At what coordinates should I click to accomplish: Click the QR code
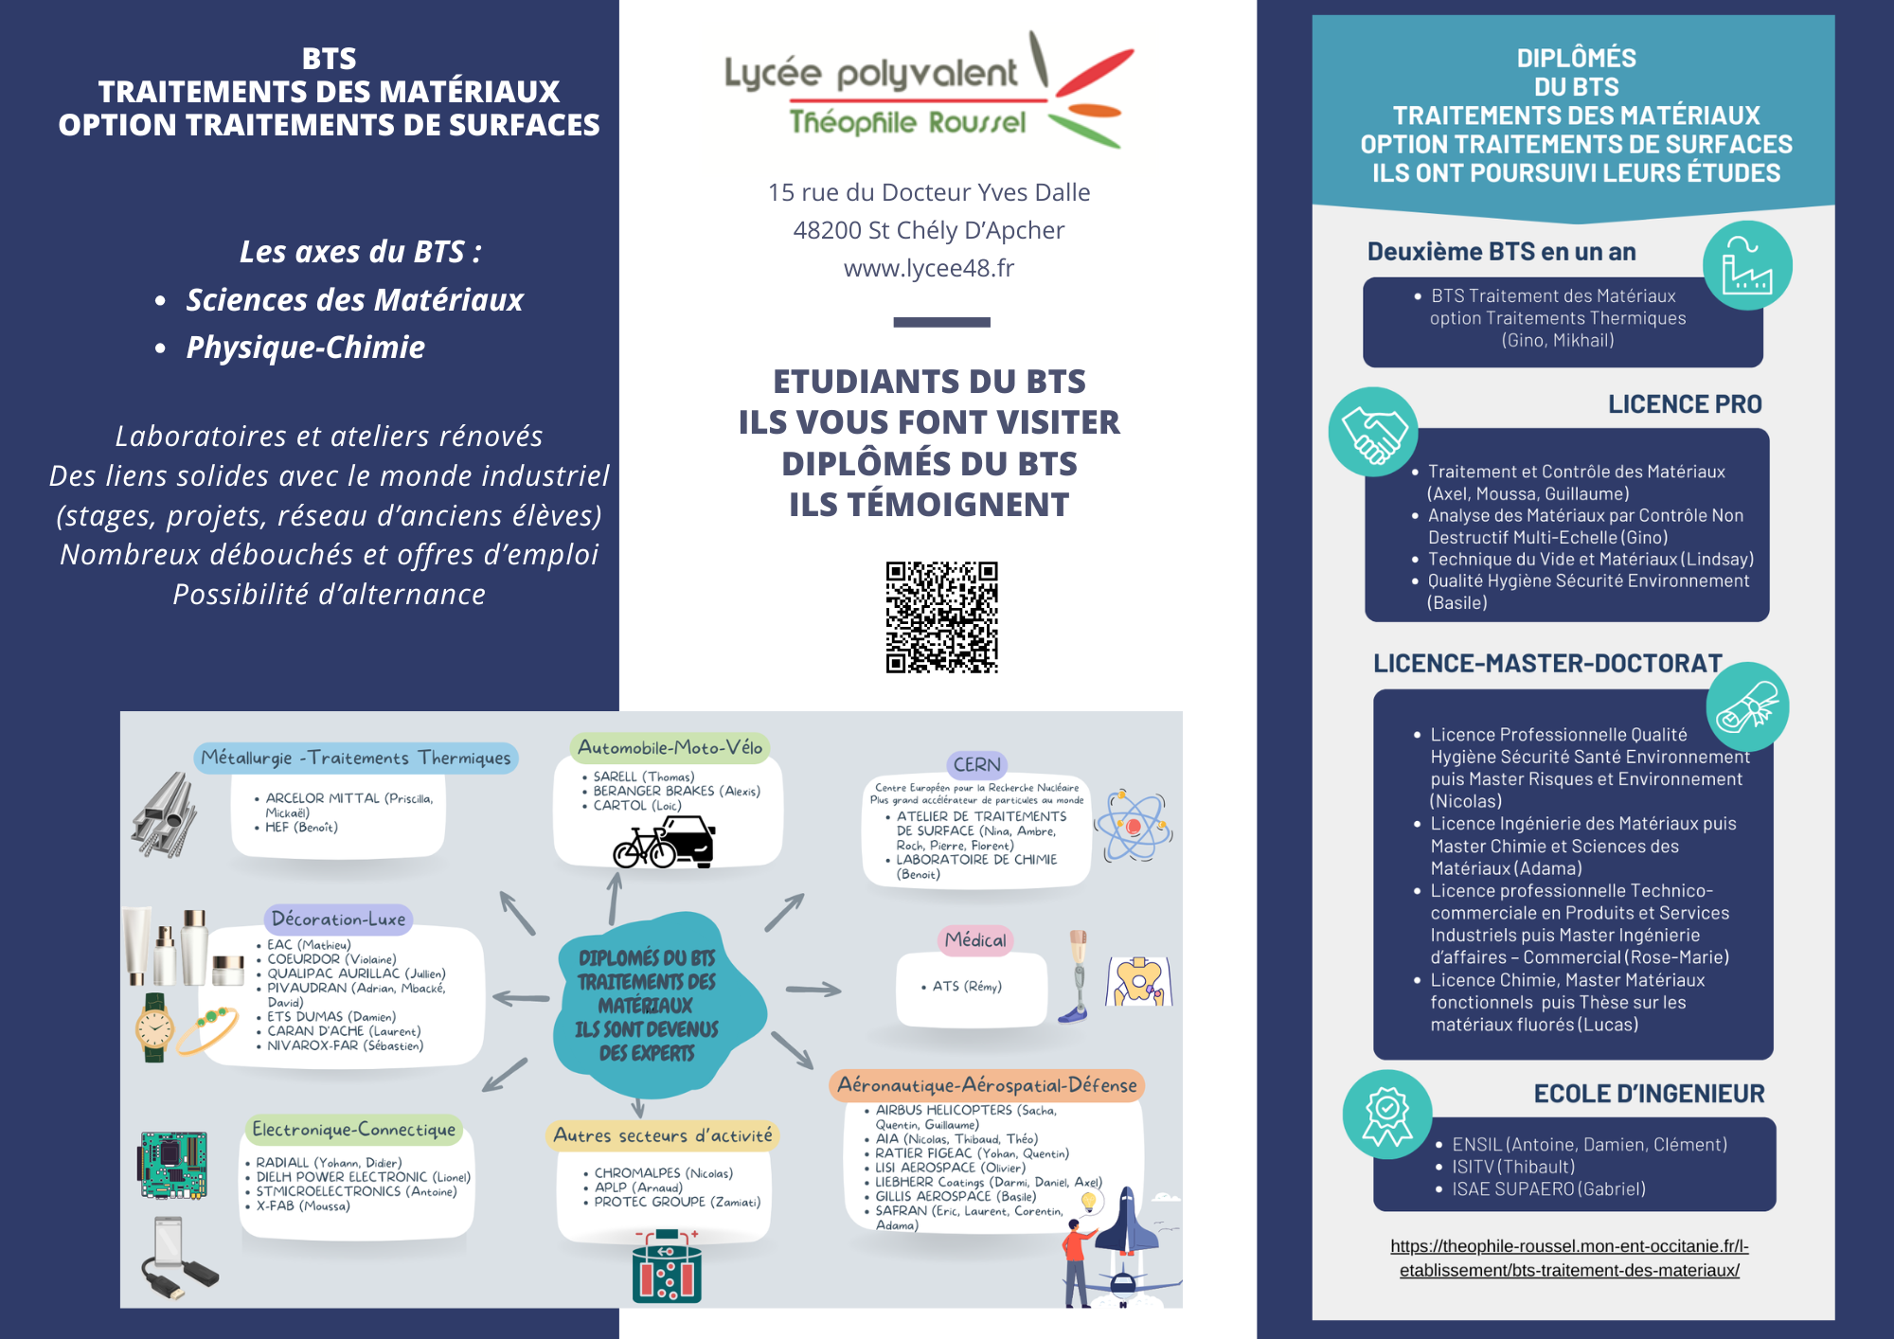941,616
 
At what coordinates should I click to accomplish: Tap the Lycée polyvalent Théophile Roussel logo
928,92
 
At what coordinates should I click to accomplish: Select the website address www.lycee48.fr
928,268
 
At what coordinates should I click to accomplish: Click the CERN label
976,764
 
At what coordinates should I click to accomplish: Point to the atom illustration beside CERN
1133,825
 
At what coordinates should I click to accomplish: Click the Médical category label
975,939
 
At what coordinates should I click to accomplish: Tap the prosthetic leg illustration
1077,976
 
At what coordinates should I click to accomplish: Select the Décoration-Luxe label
338,919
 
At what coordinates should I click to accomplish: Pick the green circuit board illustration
173,1164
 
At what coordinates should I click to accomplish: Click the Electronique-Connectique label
353,1129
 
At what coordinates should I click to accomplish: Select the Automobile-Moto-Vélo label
670,747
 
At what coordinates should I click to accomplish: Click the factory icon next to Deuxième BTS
1746,266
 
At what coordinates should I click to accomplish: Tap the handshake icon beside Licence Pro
1372,433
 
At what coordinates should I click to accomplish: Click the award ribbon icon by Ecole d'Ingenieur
1386,1115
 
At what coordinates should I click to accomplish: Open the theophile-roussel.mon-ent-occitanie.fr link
1569,1258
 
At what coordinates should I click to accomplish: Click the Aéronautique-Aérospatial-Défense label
987,1085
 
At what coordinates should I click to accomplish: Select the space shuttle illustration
1127,1222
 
